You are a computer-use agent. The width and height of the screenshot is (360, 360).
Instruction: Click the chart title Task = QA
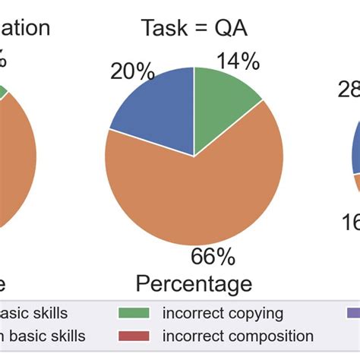(194, 28)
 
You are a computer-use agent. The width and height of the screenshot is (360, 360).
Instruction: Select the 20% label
(132, 72)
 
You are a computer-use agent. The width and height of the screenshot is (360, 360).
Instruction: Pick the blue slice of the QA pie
(156, 110)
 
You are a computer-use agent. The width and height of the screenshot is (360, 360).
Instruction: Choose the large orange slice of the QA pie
(190, 197)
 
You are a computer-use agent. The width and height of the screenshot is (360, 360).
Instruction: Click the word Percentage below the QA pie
(194, 284)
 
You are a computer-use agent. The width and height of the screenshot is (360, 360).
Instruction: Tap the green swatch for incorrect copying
(134, 313)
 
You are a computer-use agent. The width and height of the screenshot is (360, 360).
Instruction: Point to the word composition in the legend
(265, 336)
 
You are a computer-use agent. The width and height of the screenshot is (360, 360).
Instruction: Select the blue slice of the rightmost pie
(355, 152)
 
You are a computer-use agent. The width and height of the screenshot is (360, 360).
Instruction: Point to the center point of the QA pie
(194, 156)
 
